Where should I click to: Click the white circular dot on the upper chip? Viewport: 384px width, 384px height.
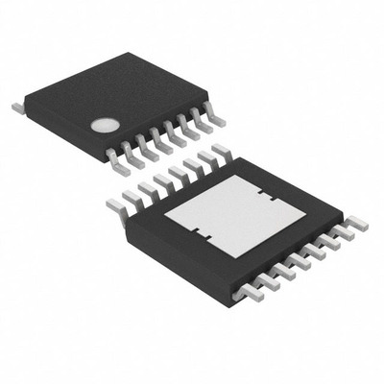[105, 125]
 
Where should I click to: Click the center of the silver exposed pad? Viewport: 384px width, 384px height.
[236, 213]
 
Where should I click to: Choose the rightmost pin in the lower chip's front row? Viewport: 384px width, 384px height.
[355, 223]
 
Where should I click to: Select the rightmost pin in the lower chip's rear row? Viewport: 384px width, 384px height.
[222, 151]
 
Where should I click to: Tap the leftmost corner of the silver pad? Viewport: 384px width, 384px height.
[165, 217]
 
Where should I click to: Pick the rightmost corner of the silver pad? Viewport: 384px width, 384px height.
[307, 208]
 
